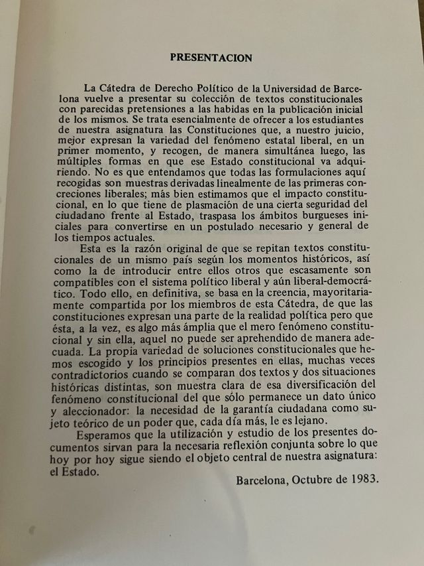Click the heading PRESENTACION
211,58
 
